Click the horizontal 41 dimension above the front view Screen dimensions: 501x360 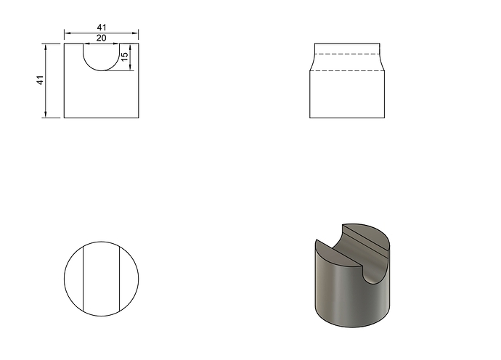pyautogui.click(x=101, y=28)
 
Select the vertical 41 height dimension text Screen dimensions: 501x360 pyautogui.click(x=40, y=80)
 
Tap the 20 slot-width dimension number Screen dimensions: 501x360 pyautogui.click(x=101, y=38)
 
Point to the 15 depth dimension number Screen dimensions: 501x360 pyautogui.click(x=125, y=56)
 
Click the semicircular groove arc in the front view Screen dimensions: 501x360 pyautogui.click(x=101, y=70)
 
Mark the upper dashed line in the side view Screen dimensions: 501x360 pyautogui.click(x=347, y=54)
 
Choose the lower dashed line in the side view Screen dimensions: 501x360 pyautogui.click(x=347, y=70)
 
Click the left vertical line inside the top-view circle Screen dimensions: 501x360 pyautogui.click(x=83, y=279)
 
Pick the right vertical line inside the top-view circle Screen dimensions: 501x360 pyautogui.click(x=120, y=279)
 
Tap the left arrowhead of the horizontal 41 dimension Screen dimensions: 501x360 pyautogui.click(x=67, y=33)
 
